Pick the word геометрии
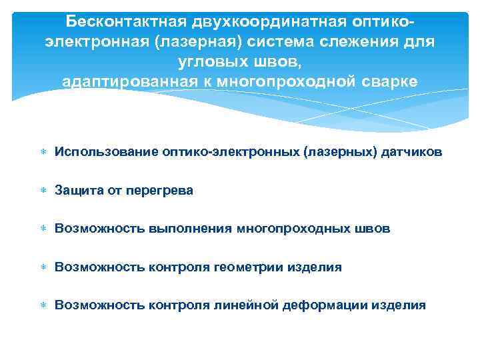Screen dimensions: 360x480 [x=249, y=267]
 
